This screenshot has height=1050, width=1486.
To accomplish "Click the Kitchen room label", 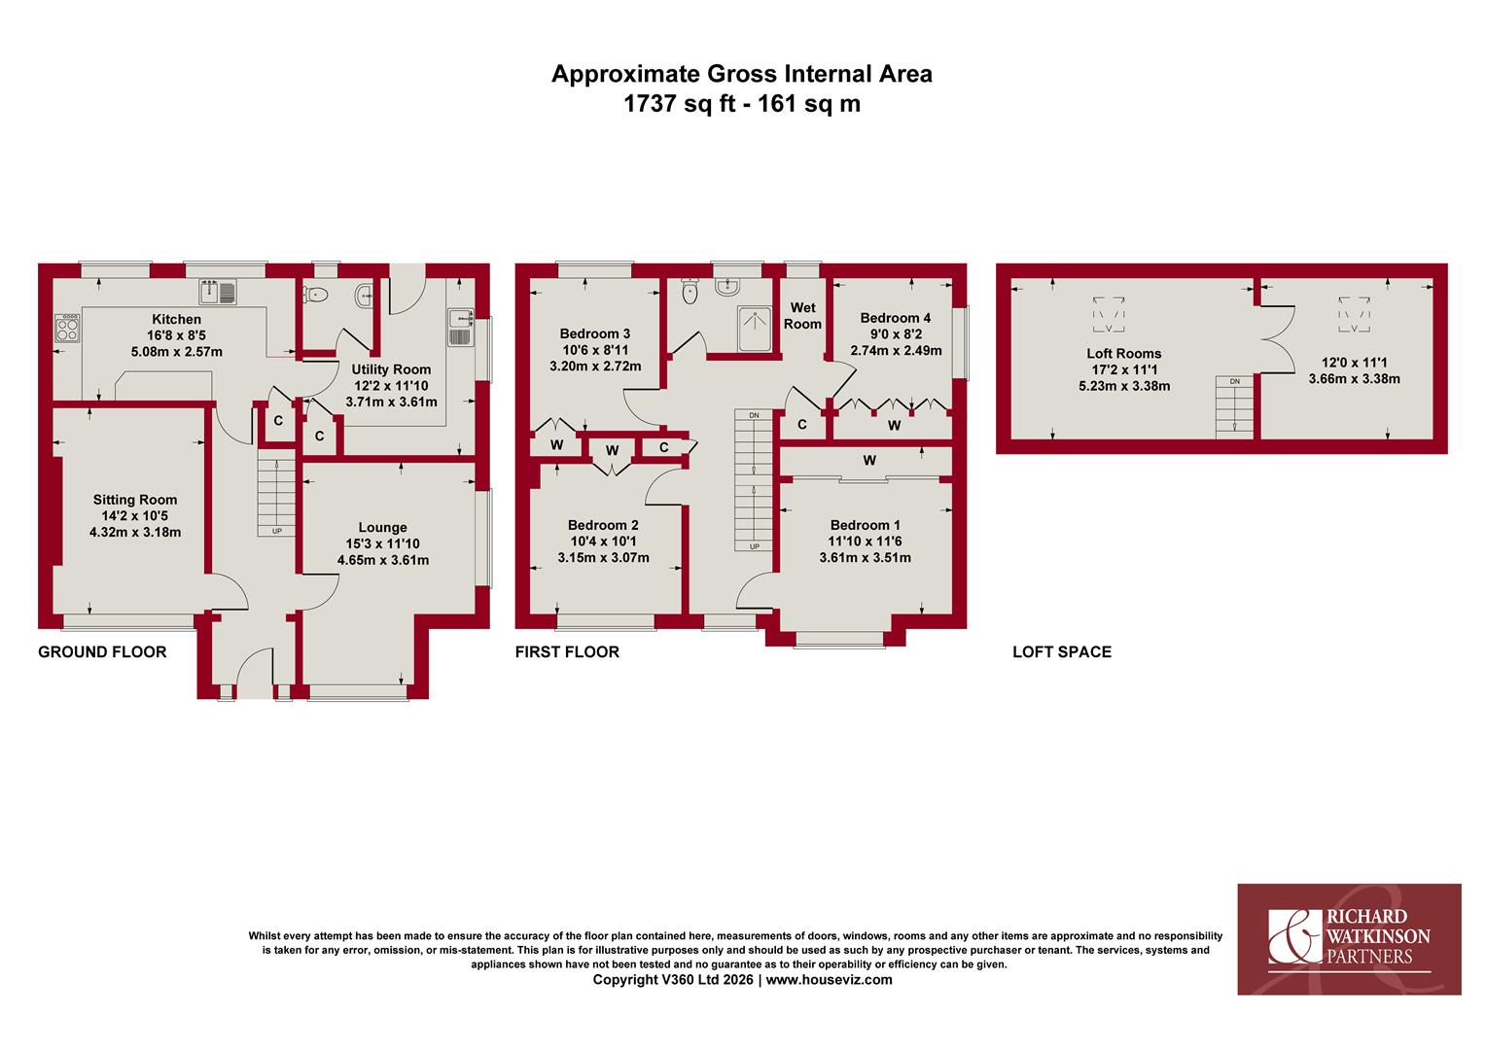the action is point(176,319).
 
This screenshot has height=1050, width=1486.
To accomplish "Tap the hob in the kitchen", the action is point(67,328).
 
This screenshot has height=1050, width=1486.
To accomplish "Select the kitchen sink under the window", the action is point(218,293).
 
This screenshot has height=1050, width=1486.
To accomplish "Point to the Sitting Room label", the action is point(134,500).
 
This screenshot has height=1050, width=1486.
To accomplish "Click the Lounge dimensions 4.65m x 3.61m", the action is point(383,560).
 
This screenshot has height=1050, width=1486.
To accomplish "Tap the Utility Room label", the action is point(391,369).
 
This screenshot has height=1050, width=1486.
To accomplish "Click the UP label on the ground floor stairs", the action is point(276,531).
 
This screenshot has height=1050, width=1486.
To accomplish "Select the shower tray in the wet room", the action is point(756,329).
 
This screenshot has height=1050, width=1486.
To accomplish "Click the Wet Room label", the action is point(802,316).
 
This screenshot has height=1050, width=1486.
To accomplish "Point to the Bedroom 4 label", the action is point(896,318).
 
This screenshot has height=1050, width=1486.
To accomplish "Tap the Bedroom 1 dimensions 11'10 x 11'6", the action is point(866,542).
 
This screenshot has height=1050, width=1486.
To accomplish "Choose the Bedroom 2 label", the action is point(603,525).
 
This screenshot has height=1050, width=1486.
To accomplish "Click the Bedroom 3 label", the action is point(595,333).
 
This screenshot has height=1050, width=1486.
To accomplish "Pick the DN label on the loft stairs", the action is point(1234,381).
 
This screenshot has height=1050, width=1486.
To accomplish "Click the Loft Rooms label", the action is point(1124,354).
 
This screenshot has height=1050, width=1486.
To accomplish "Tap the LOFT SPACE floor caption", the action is point(1062,652).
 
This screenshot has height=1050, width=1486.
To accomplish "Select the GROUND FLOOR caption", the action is point(102,652).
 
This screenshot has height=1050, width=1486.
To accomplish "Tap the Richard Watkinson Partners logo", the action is point(1349,939).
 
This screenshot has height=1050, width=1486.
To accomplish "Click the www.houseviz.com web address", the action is point(830,980).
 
